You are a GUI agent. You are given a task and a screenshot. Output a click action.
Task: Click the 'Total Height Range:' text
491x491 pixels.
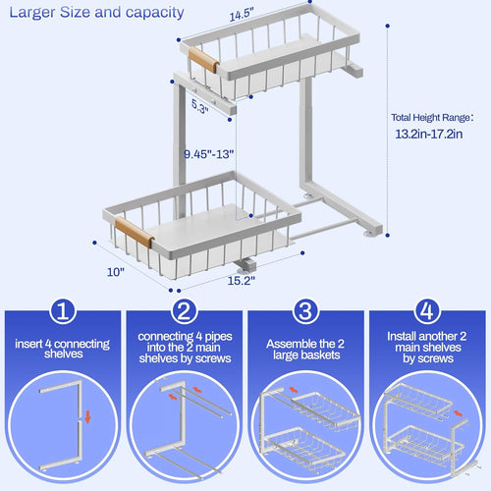tap(432, 116)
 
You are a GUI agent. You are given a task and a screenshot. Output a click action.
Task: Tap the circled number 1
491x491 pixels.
tap(62, 312)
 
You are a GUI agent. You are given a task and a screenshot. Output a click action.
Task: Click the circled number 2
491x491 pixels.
tap(184, 312)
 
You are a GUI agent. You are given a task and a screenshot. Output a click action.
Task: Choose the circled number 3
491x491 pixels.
tap(306, 312)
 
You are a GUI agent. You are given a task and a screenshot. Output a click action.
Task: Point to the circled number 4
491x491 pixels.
tap(428, 312)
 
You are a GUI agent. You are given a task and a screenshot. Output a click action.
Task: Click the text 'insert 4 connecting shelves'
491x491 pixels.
tap(62, 351)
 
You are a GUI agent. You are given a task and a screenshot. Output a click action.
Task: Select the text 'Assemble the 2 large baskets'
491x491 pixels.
tap(305, 351)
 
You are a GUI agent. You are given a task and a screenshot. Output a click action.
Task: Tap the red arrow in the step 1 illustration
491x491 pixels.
tap(87, 416)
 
